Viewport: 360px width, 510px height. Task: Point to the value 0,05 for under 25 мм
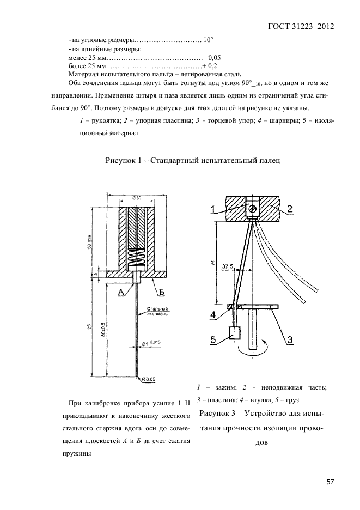click(x=214, y=57)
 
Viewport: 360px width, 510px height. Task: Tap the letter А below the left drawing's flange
click(x=121, y=293)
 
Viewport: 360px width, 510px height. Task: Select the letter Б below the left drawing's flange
click(x=161, y=293)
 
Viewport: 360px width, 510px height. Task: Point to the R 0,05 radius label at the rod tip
click(x=149, y=378)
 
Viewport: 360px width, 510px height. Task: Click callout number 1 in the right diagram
click(x=214, y=208)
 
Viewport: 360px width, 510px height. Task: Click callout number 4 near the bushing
click(x=215, y=314)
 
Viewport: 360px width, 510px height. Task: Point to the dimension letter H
click(x=212, y=262)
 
